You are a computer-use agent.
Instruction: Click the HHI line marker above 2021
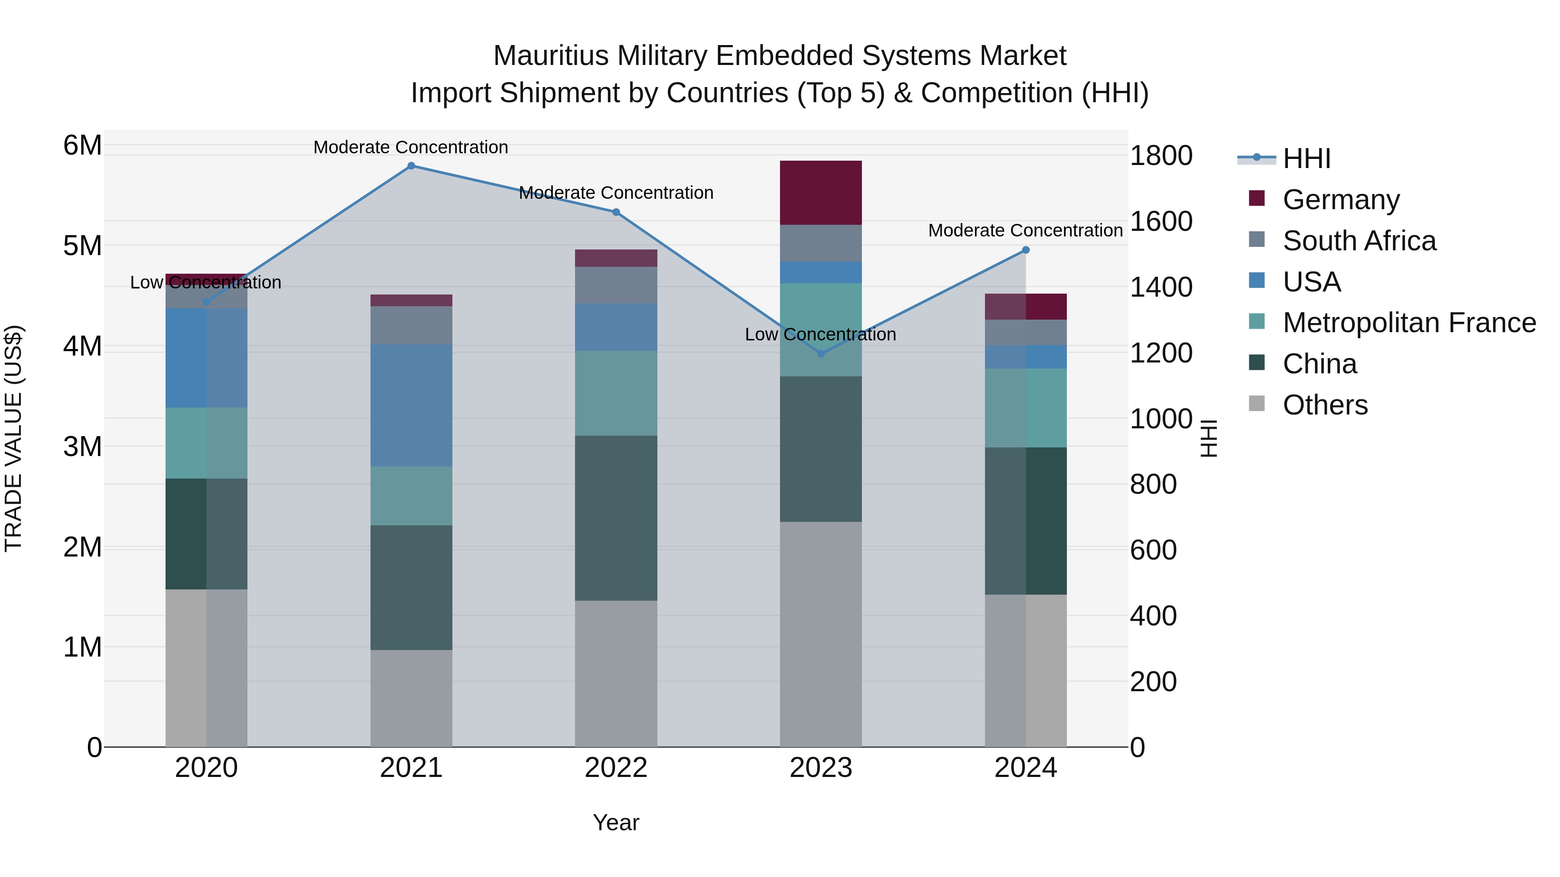click(x=411, y=166)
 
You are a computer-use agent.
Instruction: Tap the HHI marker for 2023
click(x=821, y=353)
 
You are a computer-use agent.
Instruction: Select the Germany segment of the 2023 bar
click(x=821, y=192)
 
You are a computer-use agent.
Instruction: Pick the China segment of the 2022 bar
click(x=616, y=518)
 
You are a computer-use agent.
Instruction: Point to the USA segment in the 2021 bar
click(x=411, y=405)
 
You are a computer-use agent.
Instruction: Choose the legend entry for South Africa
click(x=1358, y=241)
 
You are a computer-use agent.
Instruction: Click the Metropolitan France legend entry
click(x=1409, y=323)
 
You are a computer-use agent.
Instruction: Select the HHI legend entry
click(x=1306, y=159)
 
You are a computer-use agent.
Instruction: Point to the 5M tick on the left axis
click(x=83, y=246)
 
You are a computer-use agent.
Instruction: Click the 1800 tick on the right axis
click(x=1161, y=155)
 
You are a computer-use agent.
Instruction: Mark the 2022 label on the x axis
click(x=616, y=768)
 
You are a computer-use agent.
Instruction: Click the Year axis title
click(x=616, y=822)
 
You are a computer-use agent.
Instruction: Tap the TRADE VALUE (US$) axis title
click(x=14, y=438)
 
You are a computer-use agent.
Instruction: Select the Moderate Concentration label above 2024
click(x=1025, y=230)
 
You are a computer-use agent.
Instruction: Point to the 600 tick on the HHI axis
click(x=1153, y=550)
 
